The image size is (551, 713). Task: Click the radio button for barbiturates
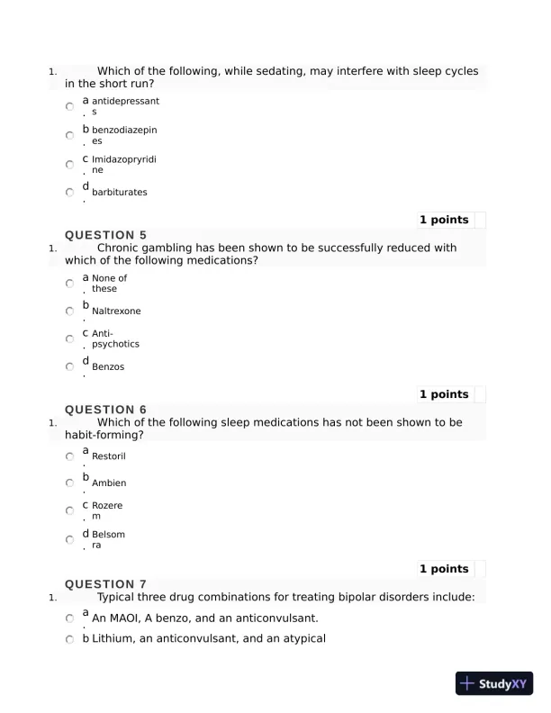(x=70, y=192)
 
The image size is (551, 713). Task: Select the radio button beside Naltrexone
(x=70, y=311)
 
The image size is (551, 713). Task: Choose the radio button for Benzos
(x=70, y=366)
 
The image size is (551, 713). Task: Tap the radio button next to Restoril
(x=70, y=456)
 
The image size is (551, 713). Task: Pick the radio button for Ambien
(x=70, y=483)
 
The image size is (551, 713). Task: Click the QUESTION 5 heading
(x=105, y=235)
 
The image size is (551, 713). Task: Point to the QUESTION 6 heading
(x=105, y=410)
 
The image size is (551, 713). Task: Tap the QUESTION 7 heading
(x=105, y=584)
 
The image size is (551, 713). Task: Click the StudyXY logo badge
(x=494, y=683)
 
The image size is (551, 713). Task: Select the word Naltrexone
(x=116, y=311)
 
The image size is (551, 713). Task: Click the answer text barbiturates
(x=119, y=193)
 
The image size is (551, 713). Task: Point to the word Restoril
(x=109, y=456)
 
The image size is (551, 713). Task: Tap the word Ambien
(x=109, y=483)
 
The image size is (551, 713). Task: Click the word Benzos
(x=108, y=367)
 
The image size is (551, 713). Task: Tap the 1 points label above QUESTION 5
(x=444, y=220)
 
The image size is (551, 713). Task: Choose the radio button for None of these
(x=70, y=283)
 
